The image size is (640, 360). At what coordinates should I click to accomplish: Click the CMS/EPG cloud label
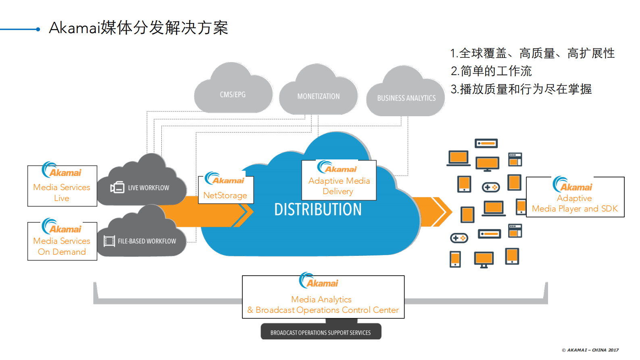point(232,94)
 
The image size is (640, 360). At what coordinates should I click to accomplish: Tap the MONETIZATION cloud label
point(318,96)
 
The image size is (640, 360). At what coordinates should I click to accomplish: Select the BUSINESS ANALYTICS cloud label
point(406,98)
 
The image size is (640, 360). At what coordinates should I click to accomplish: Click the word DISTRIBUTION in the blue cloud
point(318,209)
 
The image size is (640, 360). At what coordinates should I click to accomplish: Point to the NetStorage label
point(225,195)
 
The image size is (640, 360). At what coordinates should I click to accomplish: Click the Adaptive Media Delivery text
point(339,186)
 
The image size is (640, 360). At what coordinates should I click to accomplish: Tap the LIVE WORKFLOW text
point(148,188)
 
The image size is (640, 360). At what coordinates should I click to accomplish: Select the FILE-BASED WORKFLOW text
point(147,241)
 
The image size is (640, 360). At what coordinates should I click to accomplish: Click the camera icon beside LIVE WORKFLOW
point(117,187)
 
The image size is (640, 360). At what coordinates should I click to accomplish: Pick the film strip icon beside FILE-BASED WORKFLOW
point(109,241)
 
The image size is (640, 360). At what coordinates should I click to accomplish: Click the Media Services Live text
point(62,193)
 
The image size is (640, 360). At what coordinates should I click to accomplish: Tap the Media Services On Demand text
point(62,246)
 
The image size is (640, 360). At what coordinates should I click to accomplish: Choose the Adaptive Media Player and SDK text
point(575,203)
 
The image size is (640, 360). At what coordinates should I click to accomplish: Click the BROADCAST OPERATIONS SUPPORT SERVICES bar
point(321,333)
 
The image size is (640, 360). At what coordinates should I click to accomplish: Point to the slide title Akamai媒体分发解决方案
point(138,28)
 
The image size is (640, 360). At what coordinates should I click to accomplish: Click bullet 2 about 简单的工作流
point(491,71)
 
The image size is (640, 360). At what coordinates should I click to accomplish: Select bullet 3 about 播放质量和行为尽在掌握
point(521,89)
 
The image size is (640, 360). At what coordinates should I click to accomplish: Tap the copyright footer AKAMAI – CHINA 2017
point(590,350)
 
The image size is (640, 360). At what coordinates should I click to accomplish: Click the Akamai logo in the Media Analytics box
point(319,281)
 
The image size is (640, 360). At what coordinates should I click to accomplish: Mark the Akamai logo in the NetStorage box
point(225,178)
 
